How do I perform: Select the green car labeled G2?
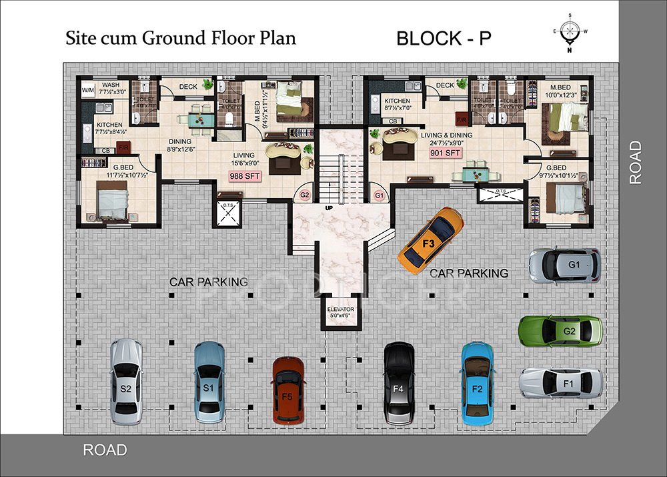560,331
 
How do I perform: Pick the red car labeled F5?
288,390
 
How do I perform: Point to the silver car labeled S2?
125,381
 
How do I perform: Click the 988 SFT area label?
245,176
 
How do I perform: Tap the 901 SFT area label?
446,153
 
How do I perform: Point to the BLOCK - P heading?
444,38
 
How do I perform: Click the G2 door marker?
305,195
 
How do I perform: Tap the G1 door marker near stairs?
379,195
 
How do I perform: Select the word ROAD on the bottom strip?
105,450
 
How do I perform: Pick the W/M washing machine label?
88,90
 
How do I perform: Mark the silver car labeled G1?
564,265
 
